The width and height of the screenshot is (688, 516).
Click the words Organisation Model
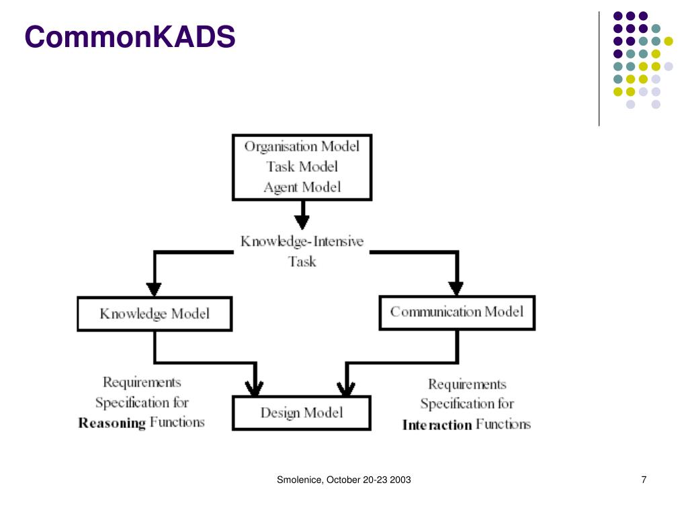(x=302, y=146)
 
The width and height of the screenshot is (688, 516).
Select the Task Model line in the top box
(x=302, y=167)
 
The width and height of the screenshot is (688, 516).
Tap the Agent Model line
(x=302, y=187)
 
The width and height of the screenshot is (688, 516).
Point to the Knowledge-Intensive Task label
(x=302, y=251)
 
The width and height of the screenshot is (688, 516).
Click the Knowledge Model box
(x=155, y=314)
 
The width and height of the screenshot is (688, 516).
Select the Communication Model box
(x=457, y=312)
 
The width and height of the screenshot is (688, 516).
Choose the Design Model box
(x=302, y=413)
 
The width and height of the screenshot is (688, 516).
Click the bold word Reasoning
(x=112, y=423)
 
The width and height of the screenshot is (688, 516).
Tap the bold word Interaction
(x=437, y=425)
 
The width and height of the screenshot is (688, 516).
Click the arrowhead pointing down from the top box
(x=302, y=221)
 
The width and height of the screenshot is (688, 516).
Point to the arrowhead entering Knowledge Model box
(x=154, y=288)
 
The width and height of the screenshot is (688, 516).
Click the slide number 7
(x=644, y=480)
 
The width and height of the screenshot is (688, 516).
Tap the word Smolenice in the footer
(x=300, y=480)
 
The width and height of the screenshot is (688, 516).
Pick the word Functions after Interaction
(x=503, y=424)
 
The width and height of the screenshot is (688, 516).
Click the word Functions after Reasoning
(x=177, y=422)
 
